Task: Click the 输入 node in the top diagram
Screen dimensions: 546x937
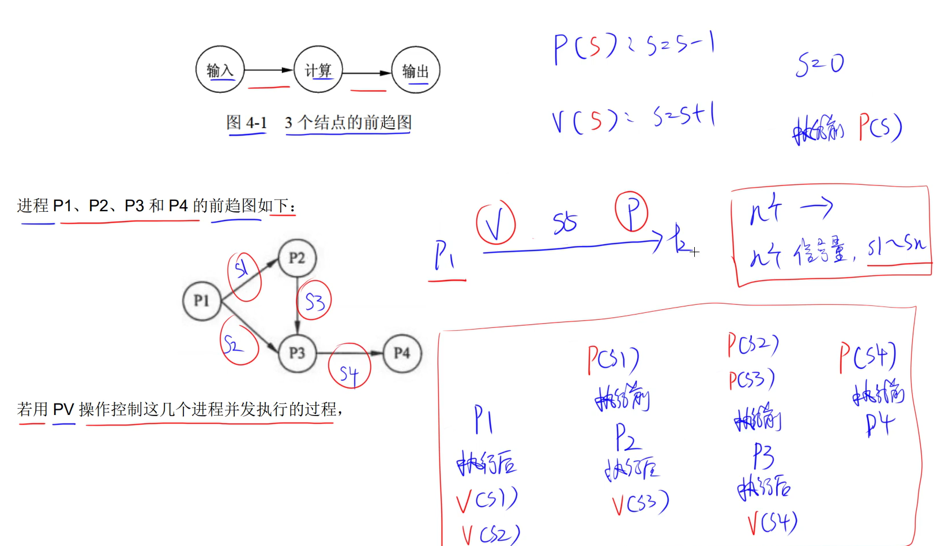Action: [x=220, y=70]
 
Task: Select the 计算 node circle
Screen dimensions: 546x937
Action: [x=318, y=70]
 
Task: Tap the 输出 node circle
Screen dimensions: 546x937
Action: [x=415, y=70]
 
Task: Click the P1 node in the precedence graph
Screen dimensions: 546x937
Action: [x=202, y=301]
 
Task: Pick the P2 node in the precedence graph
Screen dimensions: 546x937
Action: [x=297, y=258]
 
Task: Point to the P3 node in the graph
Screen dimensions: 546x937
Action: [x=297, y=353]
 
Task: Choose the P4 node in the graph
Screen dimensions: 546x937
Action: [x=402, y=353]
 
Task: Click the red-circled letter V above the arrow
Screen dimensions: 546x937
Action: [x=495, y=223]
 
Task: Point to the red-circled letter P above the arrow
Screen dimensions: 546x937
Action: [x=631, y=211]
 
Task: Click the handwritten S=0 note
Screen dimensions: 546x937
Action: [x=819, y=64]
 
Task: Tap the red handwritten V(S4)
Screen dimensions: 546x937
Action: [x=772, y=523]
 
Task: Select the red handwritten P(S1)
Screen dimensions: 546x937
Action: [x=613, y=360]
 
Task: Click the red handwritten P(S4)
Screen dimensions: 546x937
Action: [x=867, y=356]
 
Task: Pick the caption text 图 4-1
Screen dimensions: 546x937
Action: [x=246, y=123]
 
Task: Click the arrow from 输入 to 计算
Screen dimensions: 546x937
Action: [x=269, y=70]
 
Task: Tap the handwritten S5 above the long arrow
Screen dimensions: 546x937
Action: [x=565, y=223]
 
